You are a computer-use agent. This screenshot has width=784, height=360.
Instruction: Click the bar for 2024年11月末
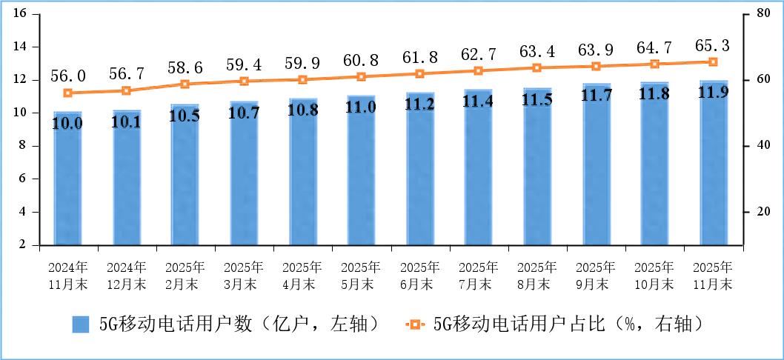(67, 178)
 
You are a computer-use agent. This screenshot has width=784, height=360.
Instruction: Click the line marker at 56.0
(67, 93)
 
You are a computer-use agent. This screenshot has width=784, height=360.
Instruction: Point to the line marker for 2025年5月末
(362, 77)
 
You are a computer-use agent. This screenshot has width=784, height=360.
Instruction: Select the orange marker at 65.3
(714, 62)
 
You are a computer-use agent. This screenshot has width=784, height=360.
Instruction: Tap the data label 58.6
(185, 66)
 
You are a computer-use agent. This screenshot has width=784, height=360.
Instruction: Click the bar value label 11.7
(597, 96)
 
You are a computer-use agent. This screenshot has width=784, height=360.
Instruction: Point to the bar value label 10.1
(127, 121)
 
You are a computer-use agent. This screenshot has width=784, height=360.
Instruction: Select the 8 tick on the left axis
(23, 146)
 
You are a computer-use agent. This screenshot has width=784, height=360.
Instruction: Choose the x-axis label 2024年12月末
(127, 275)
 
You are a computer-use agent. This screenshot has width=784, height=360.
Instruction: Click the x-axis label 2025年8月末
(538, 275)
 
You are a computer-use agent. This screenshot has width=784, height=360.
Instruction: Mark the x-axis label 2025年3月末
(244, 275)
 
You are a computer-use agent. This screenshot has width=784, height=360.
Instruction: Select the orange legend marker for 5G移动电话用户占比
(415, 324)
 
